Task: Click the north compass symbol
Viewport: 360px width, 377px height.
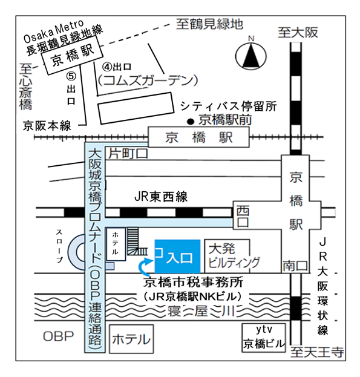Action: point(251,55)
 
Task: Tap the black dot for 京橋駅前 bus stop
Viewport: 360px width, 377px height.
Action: point(191,122)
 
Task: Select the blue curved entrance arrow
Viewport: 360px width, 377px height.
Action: point(145,266)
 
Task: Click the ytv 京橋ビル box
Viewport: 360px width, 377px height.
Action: point(264,338)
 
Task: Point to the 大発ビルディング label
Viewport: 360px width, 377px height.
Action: point(234,256)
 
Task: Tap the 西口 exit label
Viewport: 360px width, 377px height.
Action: point(243,217)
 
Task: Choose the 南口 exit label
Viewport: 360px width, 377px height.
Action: point(295,266)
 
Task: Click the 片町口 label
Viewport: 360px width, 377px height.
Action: point(128,154)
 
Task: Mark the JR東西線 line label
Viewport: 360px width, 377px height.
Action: point(161,197)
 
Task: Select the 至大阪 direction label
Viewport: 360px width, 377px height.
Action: point(298,33)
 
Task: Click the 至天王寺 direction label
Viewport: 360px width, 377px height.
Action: point(317,352)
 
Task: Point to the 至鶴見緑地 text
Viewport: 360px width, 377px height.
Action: point(210,24)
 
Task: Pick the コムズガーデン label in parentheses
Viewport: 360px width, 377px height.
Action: point(148,80)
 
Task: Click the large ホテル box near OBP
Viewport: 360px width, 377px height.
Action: point(131,339)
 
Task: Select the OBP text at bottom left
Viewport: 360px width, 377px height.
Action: point(58,336)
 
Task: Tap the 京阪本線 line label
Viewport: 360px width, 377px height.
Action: point(47,125)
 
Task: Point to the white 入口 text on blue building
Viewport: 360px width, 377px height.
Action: point(180,258)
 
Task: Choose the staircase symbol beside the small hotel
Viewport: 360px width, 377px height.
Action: point(136,241)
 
